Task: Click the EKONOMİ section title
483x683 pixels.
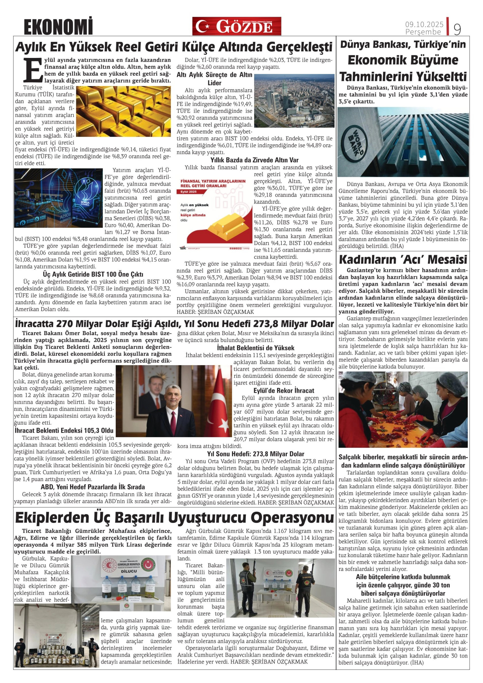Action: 58,27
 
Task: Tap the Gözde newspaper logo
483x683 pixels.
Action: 237,26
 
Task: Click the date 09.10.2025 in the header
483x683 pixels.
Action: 424,24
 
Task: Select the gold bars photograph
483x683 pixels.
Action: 124,111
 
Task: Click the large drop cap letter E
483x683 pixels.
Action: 33,70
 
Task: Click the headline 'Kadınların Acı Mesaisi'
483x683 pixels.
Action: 403,260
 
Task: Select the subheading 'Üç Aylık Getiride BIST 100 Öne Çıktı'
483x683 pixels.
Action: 93,274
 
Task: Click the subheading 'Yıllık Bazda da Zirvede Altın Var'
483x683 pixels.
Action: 254,160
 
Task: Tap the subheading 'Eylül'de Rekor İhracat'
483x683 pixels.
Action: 284,391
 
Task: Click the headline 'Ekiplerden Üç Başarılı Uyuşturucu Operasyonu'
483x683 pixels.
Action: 174,518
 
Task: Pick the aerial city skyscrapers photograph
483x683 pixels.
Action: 294,101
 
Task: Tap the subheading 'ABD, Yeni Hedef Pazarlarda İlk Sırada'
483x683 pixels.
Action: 93,487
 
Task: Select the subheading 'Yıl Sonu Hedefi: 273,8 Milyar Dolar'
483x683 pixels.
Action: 256,454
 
